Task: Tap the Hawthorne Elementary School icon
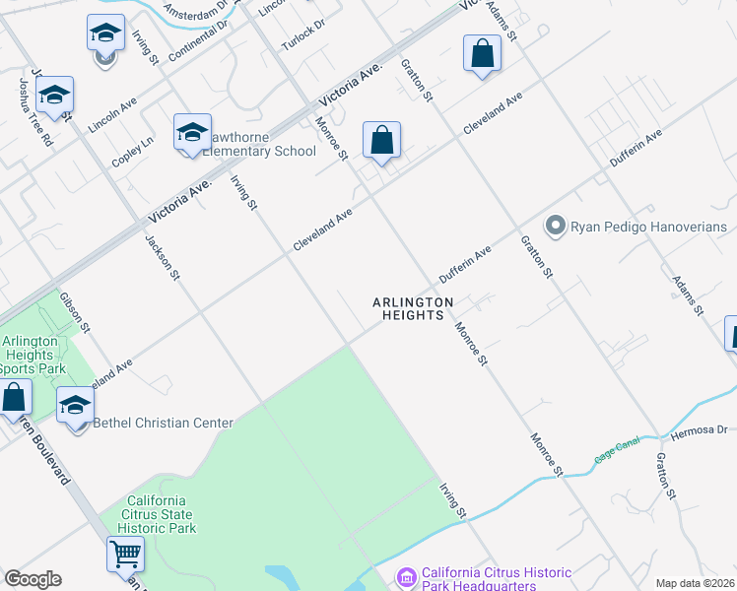tap(191, 133)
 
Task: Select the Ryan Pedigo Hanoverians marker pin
tap(555, 228)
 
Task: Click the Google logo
tap(33, 579)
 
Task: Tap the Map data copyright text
tap(696, 583)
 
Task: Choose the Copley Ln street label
tap(133, 151)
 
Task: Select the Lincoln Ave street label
tap(111, 115)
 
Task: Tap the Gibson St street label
tap(75, 311)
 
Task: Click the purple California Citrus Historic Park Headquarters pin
tap(405, 575)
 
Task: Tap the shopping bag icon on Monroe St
tap(381, 140)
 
